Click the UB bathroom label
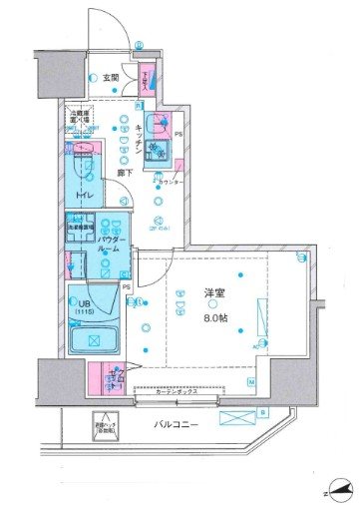tap(84, 300)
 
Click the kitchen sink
tap(156, 127)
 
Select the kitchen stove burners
tap(157, 152)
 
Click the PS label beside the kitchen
tap(179, 133)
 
